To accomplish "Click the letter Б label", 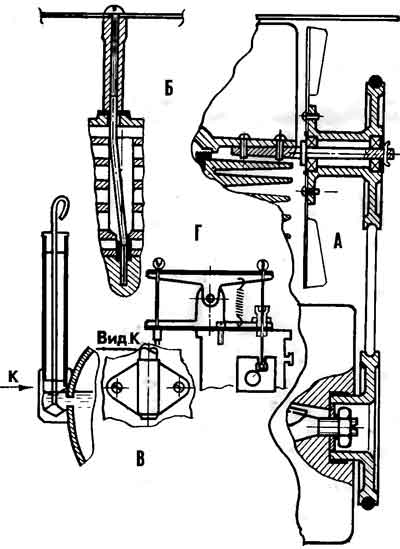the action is [x=169, y=89].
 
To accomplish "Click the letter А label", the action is [x=337, y=241].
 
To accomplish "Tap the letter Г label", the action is [x=197, y=234].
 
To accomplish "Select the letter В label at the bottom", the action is [x=140, y=459].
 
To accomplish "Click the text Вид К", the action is [x=118, y=338].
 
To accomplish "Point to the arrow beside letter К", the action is [x=17, y=387].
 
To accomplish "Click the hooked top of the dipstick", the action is [x=62, y=207].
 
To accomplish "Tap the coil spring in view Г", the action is [x=241, y=298].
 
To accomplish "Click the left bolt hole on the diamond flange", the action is [x=116, y=388].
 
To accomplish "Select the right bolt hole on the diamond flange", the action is [x=179, y=387].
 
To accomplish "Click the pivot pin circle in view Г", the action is [x=211, y=298].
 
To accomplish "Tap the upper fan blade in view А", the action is [x=316, y=63].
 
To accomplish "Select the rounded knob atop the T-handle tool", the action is [x=114, y=11].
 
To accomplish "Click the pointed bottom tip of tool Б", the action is [x=124, y=293].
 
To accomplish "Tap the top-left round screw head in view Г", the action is [x=158, y=262].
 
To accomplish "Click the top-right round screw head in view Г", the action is [x=262, y=263].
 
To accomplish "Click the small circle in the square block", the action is [x=253, y=378].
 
